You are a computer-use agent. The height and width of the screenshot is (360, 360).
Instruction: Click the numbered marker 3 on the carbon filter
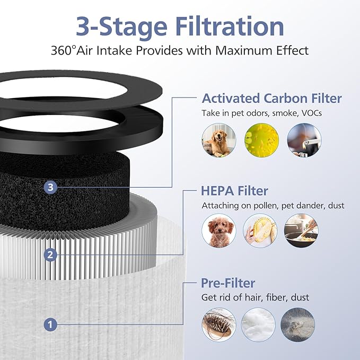point(49,187)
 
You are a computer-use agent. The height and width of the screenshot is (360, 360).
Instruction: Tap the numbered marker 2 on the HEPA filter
point(50,255)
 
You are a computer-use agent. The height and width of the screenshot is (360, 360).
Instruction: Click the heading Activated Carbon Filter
point(271,98)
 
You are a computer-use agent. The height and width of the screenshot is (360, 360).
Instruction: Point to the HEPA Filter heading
point(235,190)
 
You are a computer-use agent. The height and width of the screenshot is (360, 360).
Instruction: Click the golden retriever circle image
point(218,140)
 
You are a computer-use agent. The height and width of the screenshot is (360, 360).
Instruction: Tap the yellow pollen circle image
point(261,140)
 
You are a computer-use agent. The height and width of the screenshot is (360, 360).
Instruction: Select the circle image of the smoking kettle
point(304,140)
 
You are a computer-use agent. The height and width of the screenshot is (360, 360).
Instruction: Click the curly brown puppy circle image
point(218,231)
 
